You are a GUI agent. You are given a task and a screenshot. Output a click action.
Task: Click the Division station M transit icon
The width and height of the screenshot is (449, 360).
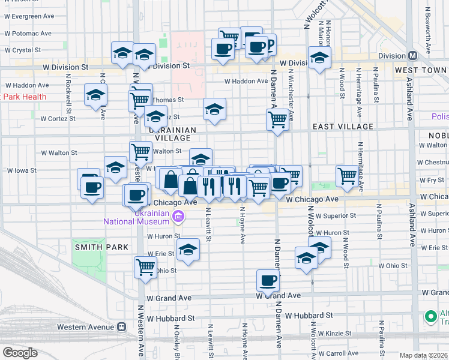(412, 56)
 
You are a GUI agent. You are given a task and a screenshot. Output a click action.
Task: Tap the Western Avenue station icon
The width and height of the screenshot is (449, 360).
(121, 327)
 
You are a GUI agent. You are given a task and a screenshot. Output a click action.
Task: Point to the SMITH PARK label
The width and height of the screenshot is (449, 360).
(93, 247)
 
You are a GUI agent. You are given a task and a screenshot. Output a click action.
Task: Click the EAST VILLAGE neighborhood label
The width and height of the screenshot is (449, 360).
(343, 127)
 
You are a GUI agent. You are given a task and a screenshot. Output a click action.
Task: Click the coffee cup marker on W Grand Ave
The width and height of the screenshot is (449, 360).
(268, 280)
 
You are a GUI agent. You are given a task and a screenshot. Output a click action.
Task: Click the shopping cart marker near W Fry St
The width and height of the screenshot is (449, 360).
(347, 175)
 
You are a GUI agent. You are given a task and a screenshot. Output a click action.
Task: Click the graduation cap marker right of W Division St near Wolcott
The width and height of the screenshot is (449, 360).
(319, 58)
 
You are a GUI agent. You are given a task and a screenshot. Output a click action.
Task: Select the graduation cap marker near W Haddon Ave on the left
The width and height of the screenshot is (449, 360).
(95, 96)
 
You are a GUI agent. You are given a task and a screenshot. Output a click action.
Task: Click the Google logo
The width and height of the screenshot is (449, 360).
(20, 353)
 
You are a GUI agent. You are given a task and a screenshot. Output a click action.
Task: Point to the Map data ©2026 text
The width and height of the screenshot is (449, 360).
(423, 355)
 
